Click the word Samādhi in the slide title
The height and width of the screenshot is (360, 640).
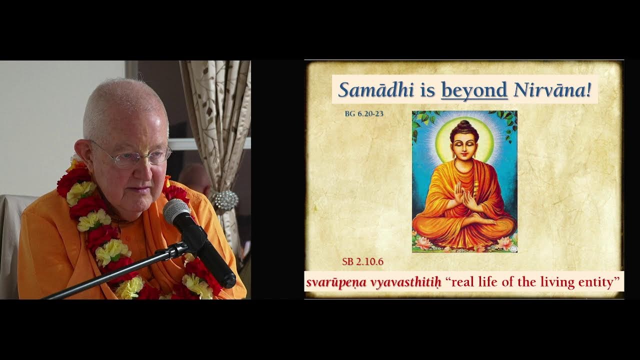point(376,90)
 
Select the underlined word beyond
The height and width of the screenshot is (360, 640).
point(474,90)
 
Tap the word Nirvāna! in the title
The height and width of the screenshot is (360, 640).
point(552,90)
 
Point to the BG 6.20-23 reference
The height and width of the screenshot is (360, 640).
point(364,114)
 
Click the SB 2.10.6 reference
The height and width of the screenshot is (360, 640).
point(362,261)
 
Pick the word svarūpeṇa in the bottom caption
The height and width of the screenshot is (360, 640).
point(336,282)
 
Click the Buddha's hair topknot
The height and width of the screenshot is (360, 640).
point(464,124)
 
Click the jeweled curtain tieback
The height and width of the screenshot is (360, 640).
point(224,200)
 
